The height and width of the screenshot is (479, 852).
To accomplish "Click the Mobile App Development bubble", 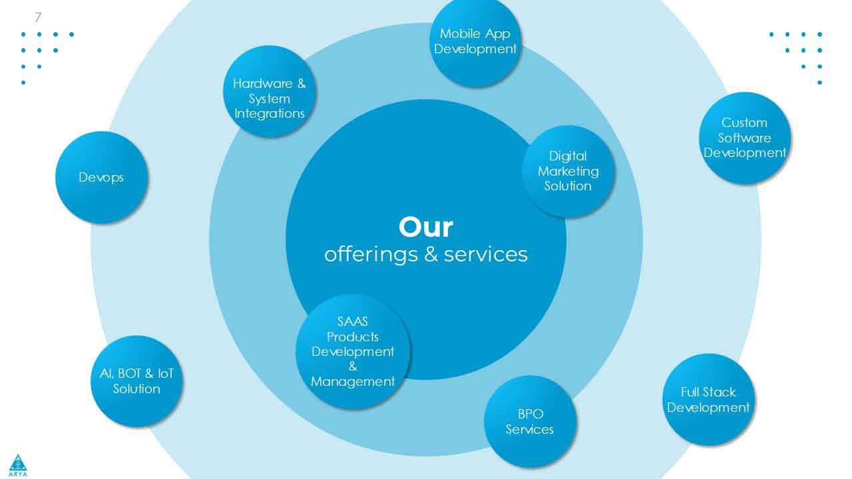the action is click(x=475, y=42).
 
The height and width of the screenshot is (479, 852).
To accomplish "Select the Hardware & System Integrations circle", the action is click(x=270, y=91).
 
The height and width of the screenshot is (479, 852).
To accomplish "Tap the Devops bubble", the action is click(x=101, y=177).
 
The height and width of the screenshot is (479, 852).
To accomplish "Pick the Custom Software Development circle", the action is click(x=745, y=138).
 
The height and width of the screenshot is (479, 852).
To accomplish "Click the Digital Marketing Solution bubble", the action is click(x=568, y=171).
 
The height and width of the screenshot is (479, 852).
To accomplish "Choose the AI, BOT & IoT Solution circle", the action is click(x=136, y=381).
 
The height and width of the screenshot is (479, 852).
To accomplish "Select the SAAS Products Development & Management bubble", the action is click(x=353, y=352).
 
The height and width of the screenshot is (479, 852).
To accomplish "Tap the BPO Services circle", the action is click(x=530, y=422).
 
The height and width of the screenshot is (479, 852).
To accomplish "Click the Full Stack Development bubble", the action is click(x=708, y=400).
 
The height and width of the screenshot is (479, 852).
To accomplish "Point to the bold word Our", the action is click(x=425, y=228).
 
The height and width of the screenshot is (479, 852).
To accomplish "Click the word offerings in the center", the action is click(x=371, y=255).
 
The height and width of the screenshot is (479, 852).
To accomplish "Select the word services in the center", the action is click(x=486, y=255).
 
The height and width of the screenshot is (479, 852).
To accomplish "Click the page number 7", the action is click(x=38, y=17).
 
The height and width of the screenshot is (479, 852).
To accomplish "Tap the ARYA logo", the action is click(x=18, y=465).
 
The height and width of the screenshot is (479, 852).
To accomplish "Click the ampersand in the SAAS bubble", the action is click(x=353, y=367).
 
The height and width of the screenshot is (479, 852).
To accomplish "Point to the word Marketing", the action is click(x=568, y=171).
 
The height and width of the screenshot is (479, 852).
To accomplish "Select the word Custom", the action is click(x=744, y=123).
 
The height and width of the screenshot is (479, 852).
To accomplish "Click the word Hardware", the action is click(x=262, y=83).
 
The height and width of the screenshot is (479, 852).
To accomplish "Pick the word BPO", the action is click(x=531, y=414).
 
